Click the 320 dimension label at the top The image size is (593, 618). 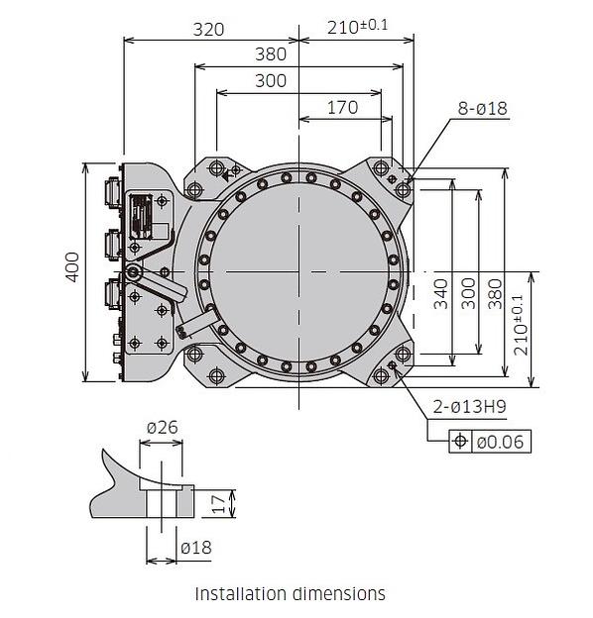208,30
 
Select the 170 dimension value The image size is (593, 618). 343,107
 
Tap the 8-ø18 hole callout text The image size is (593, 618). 483,108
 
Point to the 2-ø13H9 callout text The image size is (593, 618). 469,406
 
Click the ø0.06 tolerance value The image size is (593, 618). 501,442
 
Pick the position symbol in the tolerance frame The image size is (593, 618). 460,441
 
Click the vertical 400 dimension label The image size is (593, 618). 72,267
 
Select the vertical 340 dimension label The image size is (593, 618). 441,293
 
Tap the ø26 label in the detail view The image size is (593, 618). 163,427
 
